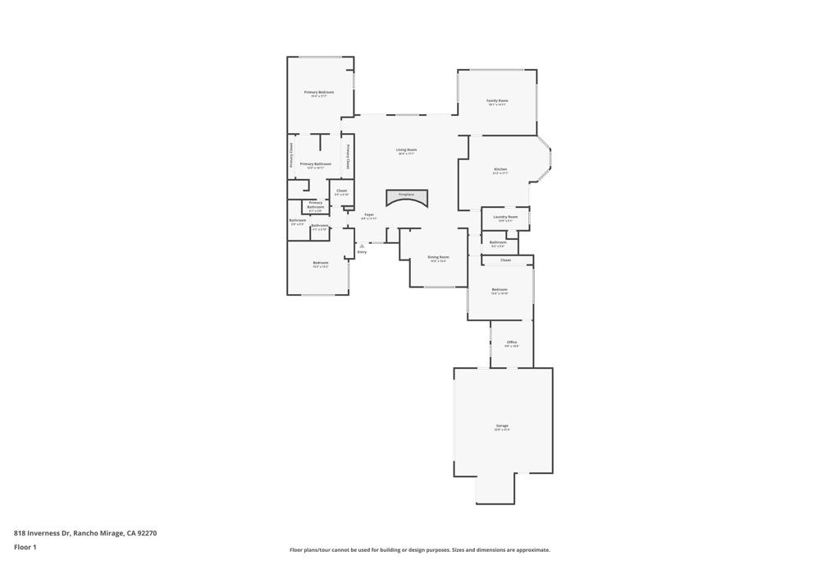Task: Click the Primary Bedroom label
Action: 319,92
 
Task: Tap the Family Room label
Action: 497,100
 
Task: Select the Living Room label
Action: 406,149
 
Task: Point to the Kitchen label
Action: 500,169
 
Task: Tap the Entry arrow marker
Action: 362,245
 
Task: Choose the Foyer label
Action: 369,214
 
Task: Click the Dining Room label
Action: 438,256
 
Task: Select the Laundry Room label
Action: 505,217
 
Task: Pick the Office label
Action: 512,342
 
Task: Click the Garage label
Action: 502,425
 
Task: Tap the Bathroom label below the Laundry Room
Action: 498,242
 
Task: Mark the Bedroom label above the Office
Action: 500,289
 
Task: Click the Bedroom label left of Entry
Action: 320,263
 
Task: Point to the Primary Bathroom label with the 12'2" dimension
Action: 316,163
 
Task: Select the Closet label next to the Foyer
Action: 341,191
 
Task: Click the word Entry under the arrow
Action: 362,252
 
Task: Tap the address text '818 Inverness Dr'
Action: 42,533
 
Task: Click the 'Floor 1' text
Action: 25,547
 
